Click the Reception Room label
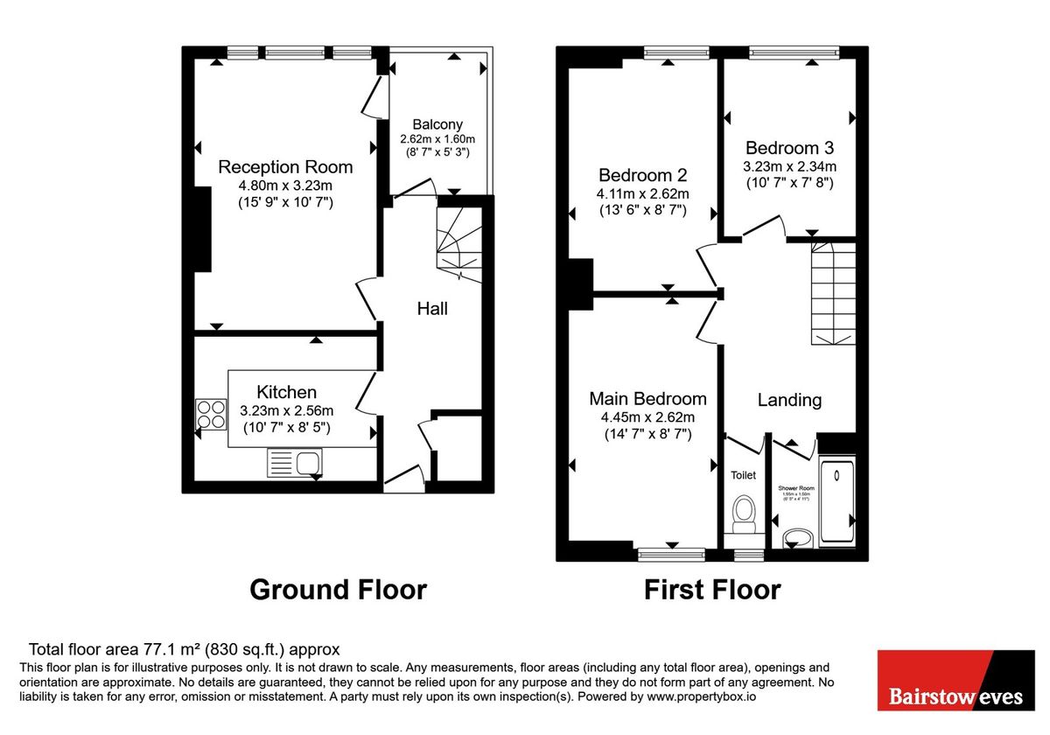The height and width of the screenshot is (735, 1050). (285, 167)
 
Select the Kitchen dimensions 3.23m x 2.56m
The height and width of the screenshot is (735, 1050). (286, 409)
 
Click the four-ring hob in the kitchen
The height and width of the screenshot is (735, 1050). (210, 414)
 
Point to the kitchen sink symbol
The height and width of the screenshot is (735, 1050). (295, 463)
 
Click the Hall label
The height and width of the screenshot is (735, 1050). (432, 309)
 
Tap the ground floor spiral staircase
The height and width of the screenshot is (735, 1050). (458, 244)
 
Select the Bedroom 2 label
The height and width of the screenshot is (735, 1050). (642, 173)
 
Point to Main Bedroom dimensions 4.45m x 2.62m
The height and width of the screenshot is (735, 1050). (647, 416)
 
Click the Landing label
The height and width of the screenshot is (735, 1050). (789, 400)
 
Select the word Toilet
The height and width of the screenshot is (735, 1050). (743, 476)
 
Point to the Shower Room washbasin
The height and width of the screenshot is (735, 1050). (795, 536)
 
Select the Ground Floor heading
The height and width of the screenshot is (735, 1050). (338, 590)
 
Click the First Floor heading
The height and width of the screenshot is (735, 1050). (711, 590)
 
